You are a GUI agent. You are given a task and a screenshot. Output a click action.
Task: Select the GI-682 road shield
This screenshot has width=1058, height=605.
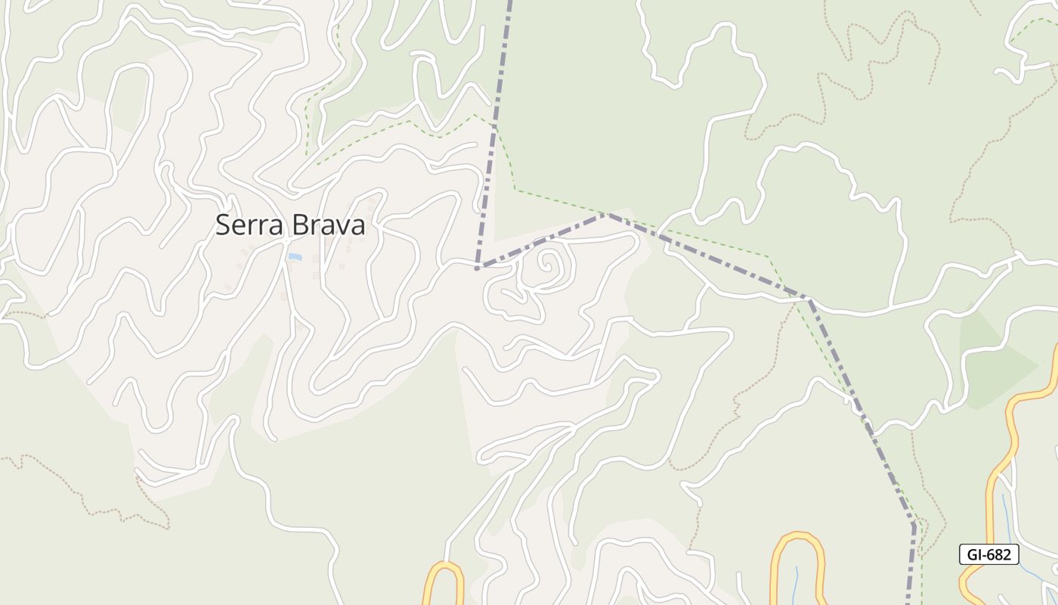988,554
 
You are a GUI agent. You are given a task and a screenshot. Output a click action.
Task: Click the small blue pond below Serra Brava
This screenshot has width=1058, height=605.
294,258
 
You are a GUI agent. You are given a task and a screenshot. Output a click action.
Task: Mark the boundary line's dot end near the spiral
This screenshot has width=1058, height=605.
477,268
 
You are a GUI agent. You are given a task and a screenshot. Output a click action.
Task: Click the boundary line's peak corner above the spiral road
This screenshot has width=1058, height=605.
606,215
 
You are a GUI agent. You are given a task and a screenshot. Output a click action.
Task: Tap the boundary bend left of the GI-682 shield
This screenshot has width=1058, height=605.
914,524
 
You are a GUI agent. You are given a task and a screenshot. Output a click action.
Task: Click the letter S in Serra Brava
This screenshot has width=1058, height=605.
223,225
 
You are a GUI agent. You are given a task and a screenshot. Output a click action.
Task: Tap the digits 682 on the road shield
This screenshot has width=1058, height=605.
999,554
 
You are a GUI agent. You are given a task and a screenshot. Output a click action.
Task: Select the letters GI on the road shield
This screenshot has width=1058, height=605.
973,554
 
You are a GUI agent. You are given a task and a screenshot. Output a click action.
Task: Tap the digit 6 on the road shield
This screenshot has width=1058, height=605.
991,554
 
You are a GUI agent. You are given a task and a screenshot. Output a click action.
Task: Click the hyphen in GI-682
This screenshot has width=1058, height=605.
983,555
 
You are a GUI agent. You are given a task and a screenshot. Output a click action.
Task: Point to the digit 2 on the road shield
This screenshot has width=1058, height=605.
1007,554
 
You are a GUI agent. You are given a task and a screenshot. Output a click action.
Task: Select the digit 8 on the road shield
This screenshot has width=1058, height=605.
999,554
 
